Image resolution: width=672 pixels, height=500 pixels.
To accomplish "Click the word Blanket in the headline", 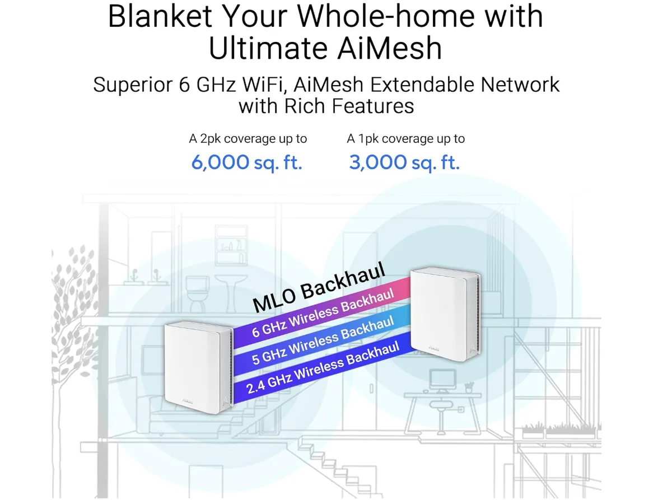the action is [160, 16].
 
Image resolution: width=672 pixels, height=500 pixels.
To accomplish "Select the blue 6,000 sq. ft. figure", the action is [246, 163].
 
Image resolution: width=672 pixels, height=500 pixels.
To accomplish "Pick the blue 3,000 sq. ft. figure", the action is [404, 163].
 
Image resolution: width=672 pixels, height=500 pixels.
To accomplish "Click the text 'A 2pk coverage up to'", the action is [248, 139].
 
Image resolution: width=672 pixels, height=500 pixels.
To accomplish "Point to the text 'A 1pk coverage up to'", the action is [405, 139].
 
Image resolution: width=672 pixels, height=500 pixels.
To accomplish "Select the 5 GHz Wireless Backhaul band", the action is [322, 340].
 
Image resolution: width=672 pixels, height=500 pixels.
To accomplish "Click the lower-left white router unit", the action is [198, 367].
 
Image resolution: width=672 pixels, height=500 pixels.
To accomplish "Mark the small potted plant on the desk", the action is [468, 387].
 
